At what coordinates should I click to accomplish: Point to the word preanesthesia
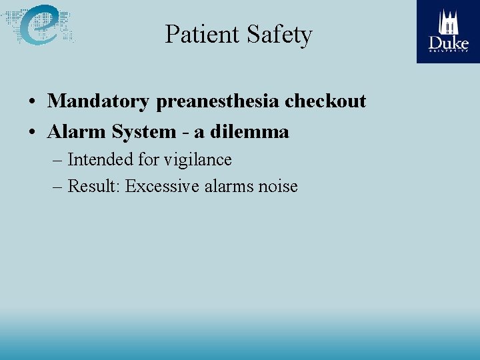[217, 102]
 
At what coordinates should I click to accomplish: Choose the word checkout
[325, 101]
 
